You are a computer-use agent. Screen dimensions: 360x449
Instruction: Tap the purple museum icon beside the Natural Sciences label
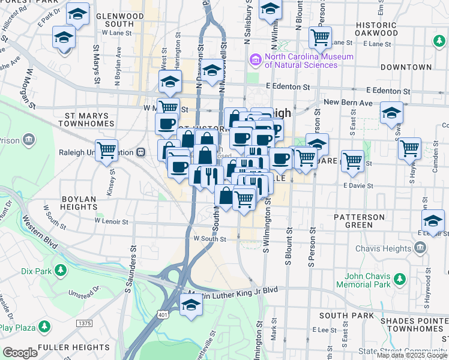coord(255,61)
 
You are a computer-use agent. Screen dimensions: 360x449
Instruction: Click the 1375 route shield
coord(84,323)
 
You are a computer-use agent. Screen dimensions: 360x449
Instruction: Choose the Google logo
coord(20,353)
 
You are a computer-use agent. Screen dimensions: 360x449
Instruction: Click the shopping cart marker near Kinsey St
coord(106,150)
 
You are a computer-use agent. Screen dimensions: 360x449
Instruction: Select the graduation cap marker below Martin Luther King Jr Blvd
coord(191,306)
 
